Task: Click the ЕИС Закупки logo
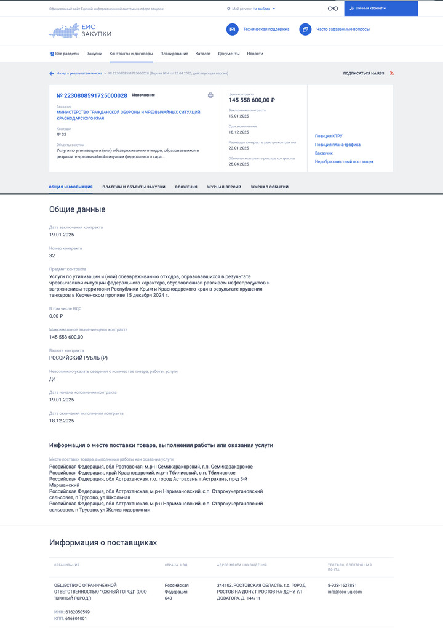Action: click(81, 31)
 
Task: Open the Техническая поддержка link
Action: click(266, 29)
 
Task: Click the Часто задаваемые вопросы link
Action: click(343, 29)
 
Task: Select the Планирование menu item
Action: click(174, 54)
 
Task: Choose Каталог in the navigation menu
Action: click(203, 54)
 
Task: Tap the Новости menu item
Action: click(255, 54)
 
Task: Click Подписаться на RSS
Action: click(364, 73)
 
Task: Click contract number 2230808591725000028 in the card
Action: click(92, 95)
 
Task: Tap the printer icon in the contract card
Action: click(210, 95)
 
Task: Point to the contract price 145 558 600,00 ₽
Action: click(252, 100)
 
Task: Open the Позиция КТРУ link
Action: click(329, 135)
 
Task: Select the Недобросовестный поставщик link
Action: click(344, 161)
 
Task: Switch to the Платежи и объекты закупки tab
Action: click(134, 187)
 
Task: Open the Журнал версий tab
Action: click(224, 187)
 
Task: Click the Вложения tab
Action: click(186, 187)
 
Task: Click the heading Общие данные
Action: click(77, 209)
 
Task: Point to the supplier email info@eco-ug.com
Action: click(345, 592)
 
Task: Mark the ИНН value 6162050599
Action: click(77, 611)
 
